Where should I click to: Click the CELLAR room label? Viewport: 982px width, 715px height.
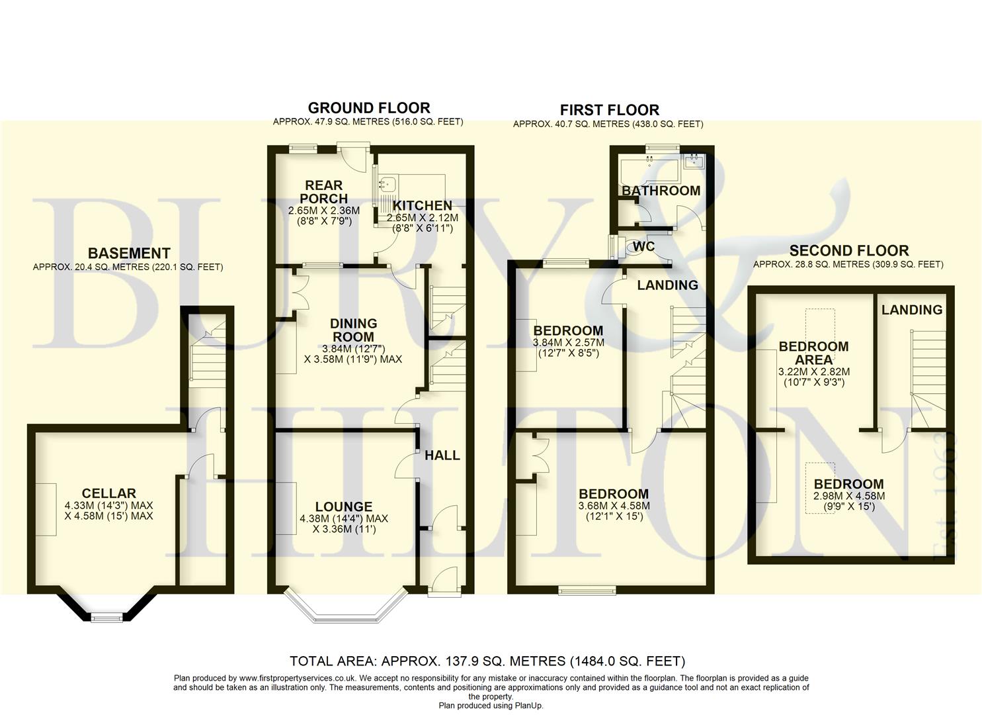(x=108, y=493)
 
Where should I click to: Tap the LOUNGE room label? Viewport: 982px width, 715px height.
(x=344, y=506)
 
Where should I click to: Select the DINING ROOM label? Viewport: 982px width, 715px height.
(x=353, y=330)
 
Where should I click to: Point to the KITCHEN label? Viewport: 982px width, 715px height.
(x=422, y=205)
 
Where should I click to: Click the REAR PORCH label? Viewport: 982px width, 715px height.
(x=324, y=192)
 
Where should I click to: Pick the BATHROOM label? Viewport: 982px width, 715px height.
(x=661, y=191)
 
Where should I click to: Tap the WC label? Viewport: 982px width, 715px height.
(x=643, y=246)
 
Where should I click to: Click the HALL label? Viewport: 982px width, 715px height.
(x=442, y=455)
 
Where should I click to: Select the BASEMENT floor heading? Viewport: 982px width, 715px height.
(x=129, y=254)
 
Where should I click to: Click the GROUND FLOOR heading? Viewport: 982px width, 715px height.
(x=369, y=108)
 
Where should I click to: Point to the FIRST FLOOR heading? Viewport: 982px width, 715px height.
(x=609, y=110)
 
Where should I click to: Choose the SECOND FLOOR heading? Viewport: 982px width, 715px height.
(x=849, y=251)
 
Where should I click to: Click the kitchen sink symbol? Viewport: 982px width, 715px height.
(x=388, y=183)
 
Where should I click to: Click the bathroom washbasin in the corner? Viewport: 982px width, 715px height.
(x=694, y=161)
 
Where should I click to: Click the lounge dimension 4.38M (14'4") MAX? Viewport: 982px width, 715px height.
(x=344, y=518)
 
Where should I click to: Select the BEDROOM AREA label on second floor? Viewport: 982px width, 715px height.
(x=813, y=353)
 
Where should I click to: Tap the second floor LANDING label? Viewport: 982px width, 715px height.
(x=912, y=310)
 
